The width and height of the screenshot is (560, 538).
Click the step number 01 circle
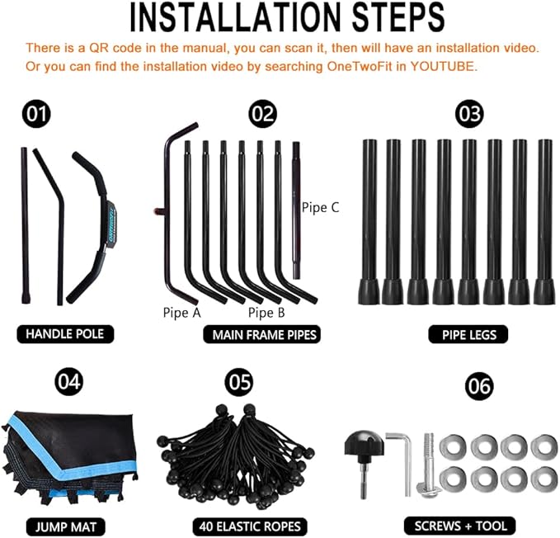(36, 114)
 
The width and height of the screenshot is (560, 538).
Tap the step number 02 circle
(262, 114)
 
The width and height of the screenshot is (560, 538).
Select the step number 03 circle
(469, 114)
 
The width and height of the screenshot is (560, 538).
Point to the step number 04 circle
(69, 381)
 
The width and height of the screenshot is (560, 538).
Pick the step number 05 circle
(239, 381)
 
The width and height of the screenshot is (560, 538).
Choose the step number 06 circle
(479, 386)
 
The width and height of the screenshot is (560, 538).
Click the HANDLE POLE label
(65, 334)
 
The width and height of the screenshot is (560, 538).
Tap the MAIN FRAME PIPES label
(261, 335)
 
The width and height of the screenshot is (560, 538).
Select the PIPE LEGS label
(468, 335)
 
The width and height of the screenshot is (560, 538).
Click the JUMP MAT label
(66, 527)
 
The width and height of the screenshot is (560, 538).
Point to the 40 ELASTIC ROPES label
(250, 526)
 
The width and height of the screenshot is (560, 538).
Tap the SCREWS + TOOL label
(460, 526)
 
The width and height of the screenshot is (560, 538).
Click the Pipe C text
(320, 208)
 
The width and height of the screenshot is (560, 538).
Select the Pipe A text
(181, 313)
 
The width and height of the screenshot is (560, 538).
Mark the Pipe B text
(266, 313)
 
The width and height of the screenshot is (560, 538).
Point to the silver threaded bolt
(429, 465)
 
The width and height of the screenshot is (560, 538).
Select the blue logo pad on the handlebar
(110, 225)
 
